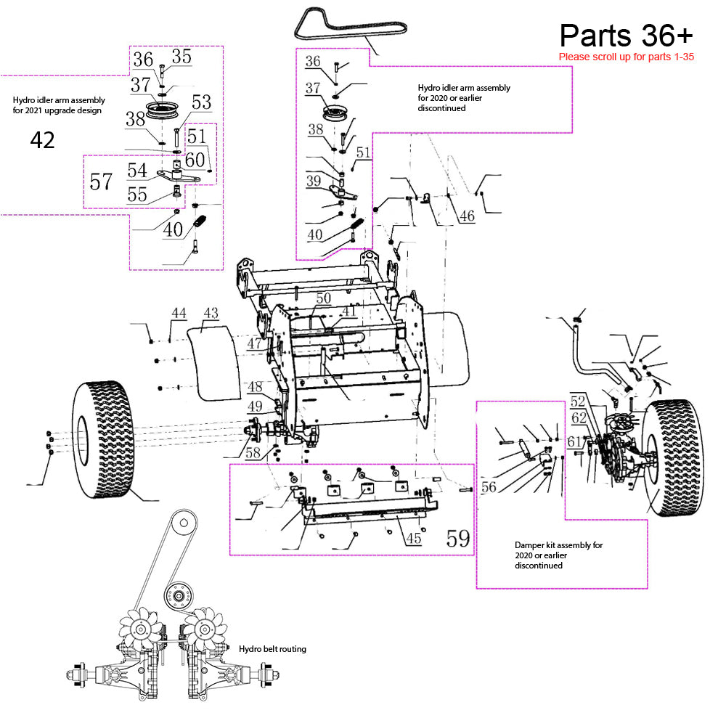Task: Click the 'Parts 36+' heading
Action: [626, 36]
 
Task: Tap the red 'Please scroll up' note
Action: [626, 57]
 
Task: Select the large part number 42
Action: [43, 140]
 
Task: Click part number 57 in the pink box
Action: [101, 181]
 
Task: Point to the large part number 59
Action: [458, 539]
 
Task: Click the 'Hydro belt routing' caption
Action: [272, 649]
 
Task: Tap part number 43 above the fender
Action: [211, 313]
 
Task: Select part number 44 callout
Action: [179, 314]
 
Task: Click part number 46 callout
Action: [467, 216]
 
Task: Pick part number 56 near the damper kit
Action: [489, 487]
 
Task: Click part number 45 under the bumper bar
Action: [414, 538]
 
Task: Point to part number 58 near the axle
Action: [253, 453]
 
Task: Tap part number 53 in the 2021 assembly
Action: [201, 102]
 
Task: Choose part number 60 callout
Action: [195, 160]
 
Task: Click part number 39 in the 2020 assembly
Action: [314, 181]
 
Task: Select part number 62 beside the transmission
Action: [579, 418]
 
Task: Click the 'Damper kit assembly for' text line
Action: [559, 545]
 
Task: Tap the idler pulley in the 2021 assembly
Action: [162, 110]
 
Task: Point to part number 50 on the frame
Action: [323, 298]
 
